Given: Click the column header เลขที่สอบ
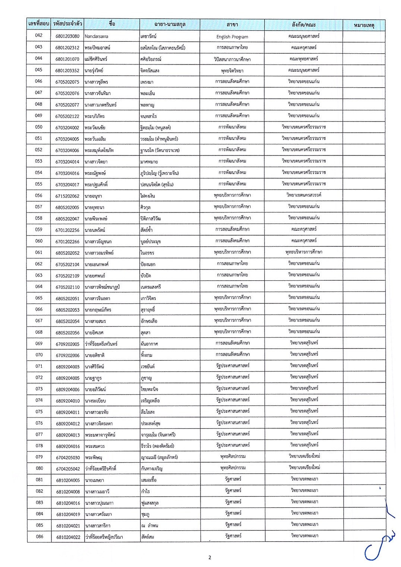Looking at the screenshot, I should [39, 24].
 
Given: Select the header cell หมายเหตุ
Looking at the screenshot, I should [364, 25].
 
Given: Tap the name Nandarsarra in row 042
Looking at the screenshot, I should [97, 36].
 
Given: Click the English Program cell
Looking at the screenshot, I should [232, 37].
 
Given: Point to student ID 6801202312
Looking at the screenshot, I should [67, 48].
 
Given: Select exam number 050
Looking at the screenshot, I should [39, 127].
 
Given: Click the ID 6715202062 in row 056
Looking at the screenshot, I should [67, 196].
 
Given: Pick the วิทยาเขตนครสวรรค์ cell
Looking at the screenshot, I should [304, 195].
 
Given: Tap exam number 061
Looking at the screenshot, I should [39, 252].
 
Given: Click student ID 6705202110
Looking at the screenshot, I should [67, 287].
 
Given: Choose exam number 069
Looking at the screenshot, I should [39, 344].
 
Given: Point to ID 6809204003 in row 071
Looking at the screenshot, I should [67, 367].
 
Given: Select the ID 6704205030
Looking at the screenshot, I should [68, 457].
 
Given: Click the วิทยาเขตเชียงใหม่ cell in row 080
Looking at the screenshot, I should [304, 467].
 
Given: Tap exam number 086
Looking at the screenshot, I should [39, 537].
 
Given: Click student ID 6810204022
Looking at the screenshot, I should [68, 537].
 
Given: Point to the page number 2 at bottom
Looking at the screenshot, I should [209, 558].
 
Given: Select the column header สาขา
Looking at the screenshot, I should [232, 25].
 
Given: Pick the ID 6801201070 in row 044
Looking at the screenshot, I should [67, 59].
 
